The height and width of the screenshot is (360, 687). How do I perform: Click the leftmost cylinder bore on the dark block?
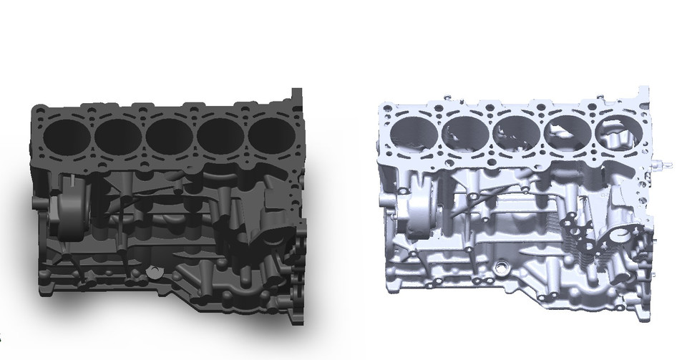pyautogui.click(x=66, y=133)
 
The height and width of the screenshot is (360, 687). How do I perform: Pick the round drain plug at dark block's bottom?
pyautogui.click(x=152, y=271)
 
